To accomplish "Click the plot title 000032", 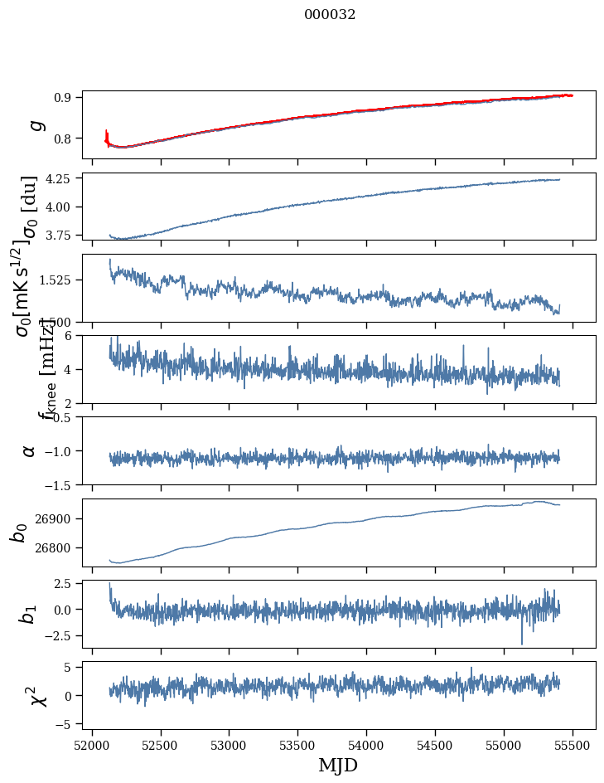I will click(330, 14).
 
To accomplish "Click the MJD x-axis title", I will click(338, 766).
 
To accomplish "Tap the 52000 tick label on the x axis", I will click(92, 745).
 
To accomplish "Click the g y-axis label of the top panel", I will click(36, 125).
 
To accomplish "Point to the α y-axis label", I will click(30, 450).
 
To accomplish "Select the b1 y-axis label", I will click(29, 614).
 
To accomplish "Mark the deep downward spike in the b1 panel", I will click(522, 642).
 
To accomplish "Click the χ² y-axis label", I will click(38, 695).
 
